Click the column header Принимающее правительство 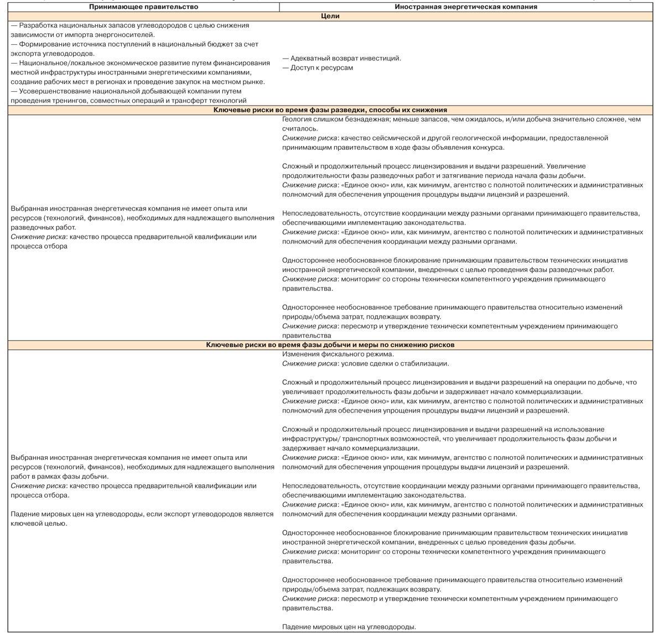(143, 7)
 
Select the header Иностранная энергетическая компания (466, 7)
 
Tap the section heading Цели (330, 16)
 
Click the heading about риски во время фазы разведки (330, 110)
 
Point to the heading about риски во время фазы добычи (330, 344)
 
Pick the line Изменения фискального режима (338, 354)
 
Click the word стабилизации (426, 363)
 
